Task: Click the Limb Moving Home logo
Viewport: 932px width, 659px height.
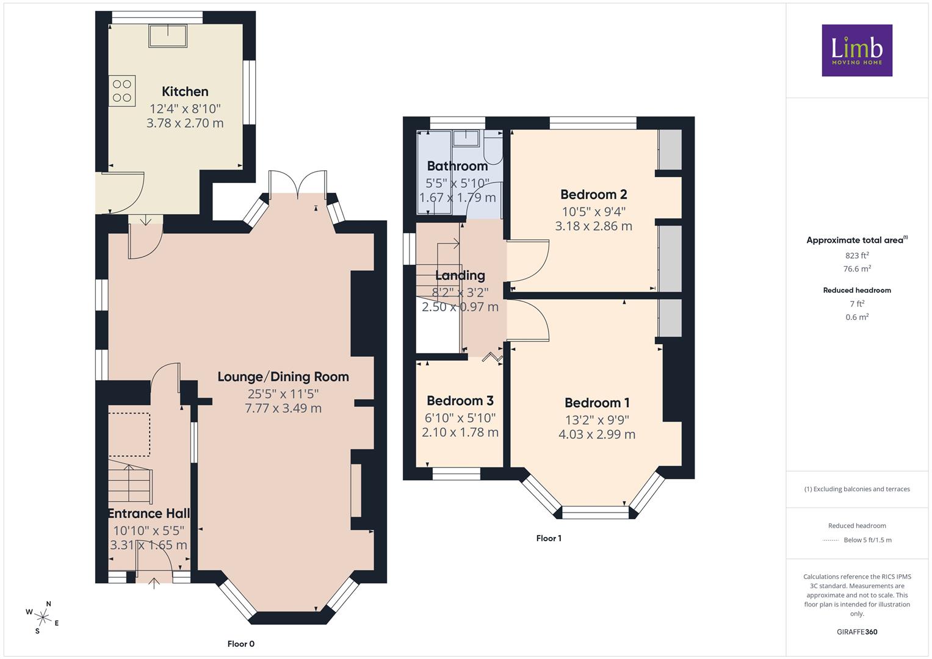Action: pyautogui.click(x=857, y=50)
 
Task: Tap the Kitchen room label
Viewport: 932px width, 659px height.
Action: pyautogui.click(x=185, y=92)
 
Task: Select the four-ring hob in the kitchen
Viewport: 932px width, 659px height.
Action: pyautogui.click(x=122, y=91)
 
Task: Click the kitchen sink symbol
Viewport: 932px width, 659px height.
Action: pyautogui.click(x=168, y=36)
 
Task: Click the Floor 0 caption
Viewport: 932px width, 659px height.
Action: pyautogui.click(x=241, y=644)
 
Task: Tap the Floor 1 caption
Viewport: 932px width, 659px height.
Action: pyautogui.click(x=549, y=538)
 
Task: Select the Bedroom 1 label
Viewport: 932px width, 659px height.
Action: pyautogui.click(x=597, y=403)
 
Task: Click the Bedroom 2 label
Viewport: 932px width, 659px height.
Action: pyautogui.click(x=594, y=194)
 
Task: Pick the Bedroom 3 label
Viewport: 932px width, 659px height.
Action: pyautogui.click(x=460, y=401)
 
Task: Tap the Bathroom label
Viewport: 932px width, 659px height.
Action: pyautogui.click(x=457, y=166)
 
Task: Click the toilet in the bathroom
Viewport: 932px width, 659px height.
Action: pyautogui.click(x=493, y=148)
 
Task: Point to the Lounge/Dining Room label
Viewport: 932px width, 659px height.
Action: pyautogui.click(x=283, y=377)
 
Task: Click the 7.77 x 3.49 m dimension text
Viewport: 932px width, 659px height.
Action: pyautogui.click(x=283, y=408)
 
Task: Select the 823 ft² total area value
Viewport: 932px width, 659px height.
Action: pyautogui.click(x=857, y=256)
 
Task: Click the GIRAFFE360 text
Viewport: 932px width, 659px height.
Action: pyautogui.click(x=857, y=632)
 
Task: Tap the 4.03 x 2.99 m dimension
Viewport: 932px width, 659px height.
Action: pyautogui.click(x=597, y=434)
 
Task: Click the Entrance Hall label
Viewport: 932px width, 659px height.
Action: pyautogui.click(x=149, y=513)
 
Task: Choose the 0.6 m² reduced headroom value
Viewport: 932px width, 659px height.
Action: pyautogui.click(x=857, y=317)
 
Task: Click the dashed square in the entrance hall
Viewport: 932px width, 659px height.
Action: pyautogui.click(x=129, y=434)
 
